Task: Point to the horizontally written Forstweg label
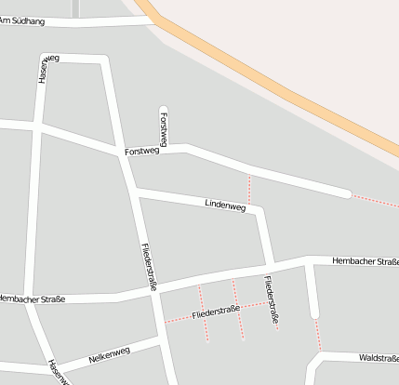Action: [x=142, y=151]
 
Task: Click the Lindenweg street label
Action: [x=224, y=206]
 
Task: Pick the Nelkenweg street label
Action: [x=110, y=354]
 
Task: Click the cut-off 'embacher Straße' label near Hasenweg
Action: [x=33, y=299]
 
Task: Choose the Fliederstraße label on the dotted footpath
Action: [x=216, y=312]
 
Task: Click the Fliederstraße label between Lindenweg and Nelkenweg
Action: [x=148, y=265]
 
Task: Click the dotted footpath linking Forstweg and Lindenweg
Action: [x=249, y=189]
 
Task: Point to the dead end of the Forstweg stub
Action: [x=164, y=109]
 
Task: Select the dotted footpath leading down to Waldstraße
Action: [x=318, y=336]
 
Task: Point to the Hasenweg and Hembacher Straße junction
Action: [x=28, y=303]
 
